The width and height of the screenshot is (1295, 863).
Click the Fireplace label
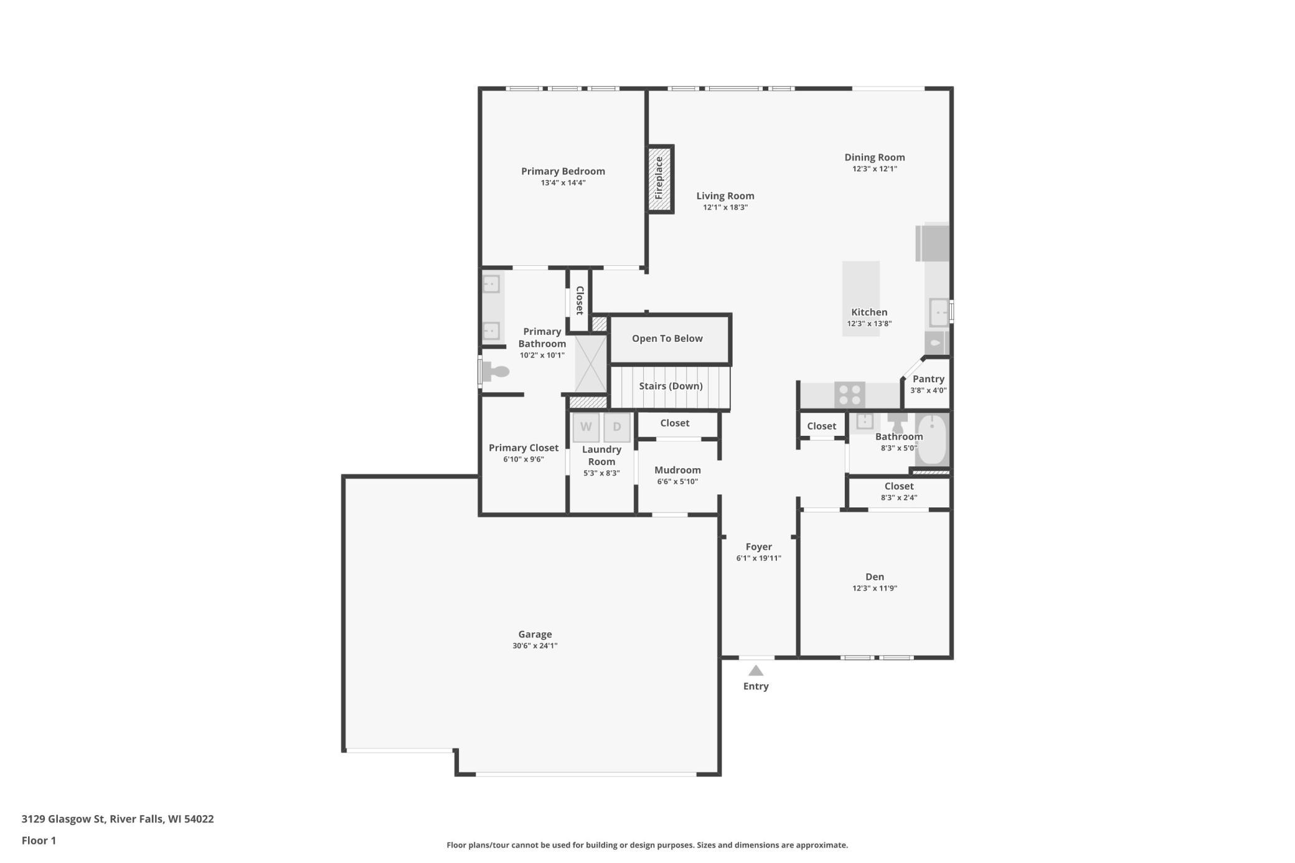(659, 178)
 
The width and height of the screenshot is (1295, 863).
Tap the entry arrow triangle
(756, 671)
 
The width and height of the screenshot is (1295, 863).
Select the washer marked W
(586, 427)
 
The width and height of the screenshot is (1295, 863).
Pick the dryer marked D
(617, 427)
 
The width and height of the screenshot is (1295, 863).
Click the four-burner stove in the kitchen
(850, 395)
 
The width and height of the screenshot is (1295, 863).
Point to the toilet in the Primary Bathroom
(496, 372)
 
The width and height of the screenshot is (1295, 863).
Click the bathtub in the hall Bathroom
(932, 440)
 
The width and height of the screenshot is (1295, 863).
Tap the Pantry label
(928, 379)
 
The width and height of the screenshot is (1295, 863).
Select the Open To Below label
(667, 338)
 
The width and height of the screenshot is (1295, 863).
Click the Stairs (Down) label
(671, 386)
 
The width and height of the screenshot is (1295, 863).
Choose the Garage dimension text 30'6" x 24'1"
(535, 646)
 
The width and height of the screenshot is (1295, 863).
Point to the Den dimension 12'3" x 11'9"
(875, 588)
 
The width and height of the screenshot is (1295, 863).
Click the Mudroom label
(677, 470)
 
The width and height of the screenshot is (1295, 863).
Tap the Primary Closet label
(524, 448)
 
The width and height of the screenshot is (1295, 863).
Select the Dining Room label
(875, 158)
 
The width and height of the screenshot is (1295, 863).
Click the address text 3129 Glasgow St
(63, 819)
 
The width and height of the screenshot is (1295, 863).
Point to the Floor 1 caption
(39, 841)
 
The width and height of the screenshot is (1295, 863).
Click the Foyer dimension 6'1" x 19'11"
(759, 559)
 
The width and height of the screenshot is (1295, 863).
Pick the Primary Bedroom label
(563, 171)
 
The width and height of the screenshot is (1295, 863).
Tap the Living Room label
(725, 196)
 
